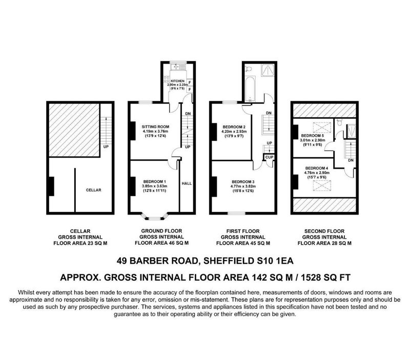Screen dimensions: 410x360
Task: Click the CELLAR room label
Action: tap(93, 190)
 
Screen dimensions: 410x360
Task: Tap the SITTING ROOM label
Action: tap(156, 126)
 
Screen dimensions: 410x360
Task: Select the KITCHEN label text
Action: tap(177, 81)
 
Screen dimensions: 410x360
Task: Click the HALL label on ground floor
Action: tap(187, 184)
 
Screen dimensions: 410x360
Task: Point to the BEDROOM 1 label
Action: tap(155, 182)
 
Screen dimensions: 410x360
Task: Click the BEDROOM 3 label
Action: tap(243, 182)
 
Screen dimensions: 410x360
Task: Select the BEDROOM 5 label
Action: tap(313, 136)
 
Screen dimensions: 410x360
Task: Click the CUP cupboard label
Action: tap(269, 157)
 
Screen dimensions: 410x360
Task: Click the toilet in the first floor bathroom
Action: tap(248, 69)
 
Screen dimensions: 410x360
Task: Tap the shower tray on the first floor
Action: tap(267, 70)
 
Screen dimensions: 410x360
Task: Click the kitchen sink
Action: tap(177, 67)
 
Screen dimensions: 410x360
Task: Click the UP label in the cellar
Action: tap(106, 147)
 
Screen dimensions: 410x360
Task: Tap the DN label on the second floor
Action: tap(351, 160)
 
